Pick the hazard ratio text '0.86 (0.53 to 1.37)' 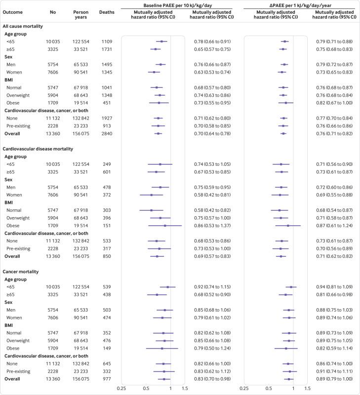212,225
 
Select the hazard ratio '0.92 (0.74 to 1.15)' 212,286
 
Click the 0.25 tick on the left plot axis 121,389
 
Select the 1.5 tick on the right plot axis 307,389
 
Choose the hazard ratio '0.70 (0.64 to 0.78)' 212,133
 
